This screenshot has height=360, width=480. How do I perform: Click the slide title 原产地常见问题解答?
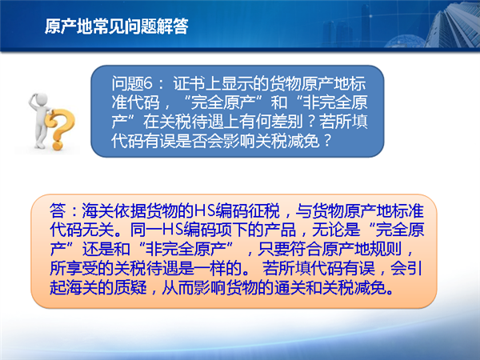pos(116,26)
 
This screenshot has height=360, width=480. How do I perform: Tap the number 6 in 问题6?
pos(148,83)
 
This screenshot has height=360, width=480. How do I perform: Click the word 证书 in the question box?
pos(189,83)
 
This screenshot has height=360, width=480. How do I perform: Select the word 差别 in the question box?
pos(287,122)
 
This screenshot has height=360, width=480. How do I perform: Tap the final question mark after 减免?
pos(327,141)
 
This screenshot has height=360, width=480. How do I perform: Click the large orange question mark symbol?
pos(60,129)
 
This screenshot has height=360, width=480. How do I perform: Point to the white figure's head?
pos(40,100)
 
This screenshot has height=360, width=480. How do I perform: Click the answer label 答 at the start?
pos(58,211)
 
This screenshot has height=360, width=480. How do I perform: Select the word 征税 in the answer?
pos(263,211)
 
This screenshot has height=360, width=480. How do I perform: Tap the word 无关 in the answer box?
pos(98,230)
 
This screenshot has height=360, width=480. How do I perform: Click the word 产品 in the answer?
pos(281,230)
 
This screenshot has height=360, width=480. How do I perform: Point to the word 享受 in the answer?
pos(82,269)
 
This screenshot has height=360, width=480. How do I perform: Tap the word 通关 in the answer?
pos(290,288)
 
